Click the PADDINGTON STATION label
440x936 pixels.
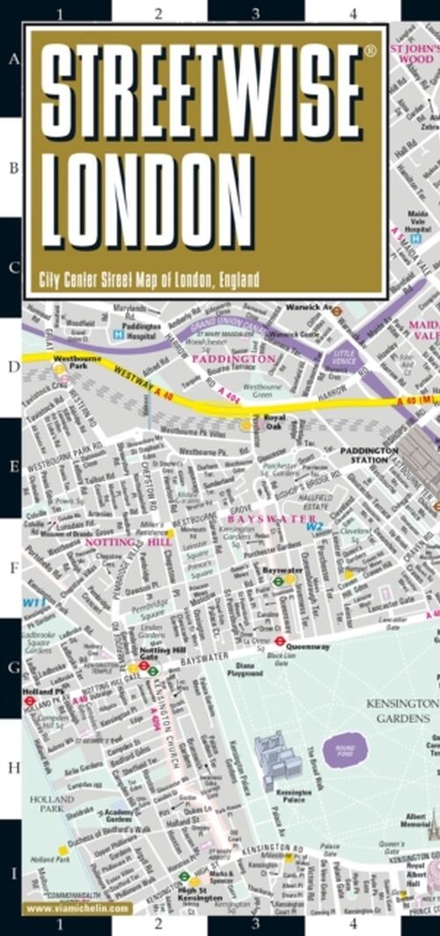pyautogui.click(x=369, y=454)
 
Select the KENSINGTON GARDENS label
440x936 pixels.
pyautogui.click(x=403, y=711)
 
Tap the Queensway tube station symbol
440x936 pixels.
pyautogui.click(x=281, y=641)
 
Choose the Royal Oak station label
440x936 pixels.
pyautogui.click(x=275, y=422)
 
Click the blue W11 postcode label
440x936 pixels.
pyautogui.click(x=33, y=602)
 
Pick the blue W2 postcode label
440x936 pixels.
pyautogui.click(x=314, y=527)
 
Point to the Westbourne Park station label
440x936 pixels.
pyautogui.click(x=72, y=364)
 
